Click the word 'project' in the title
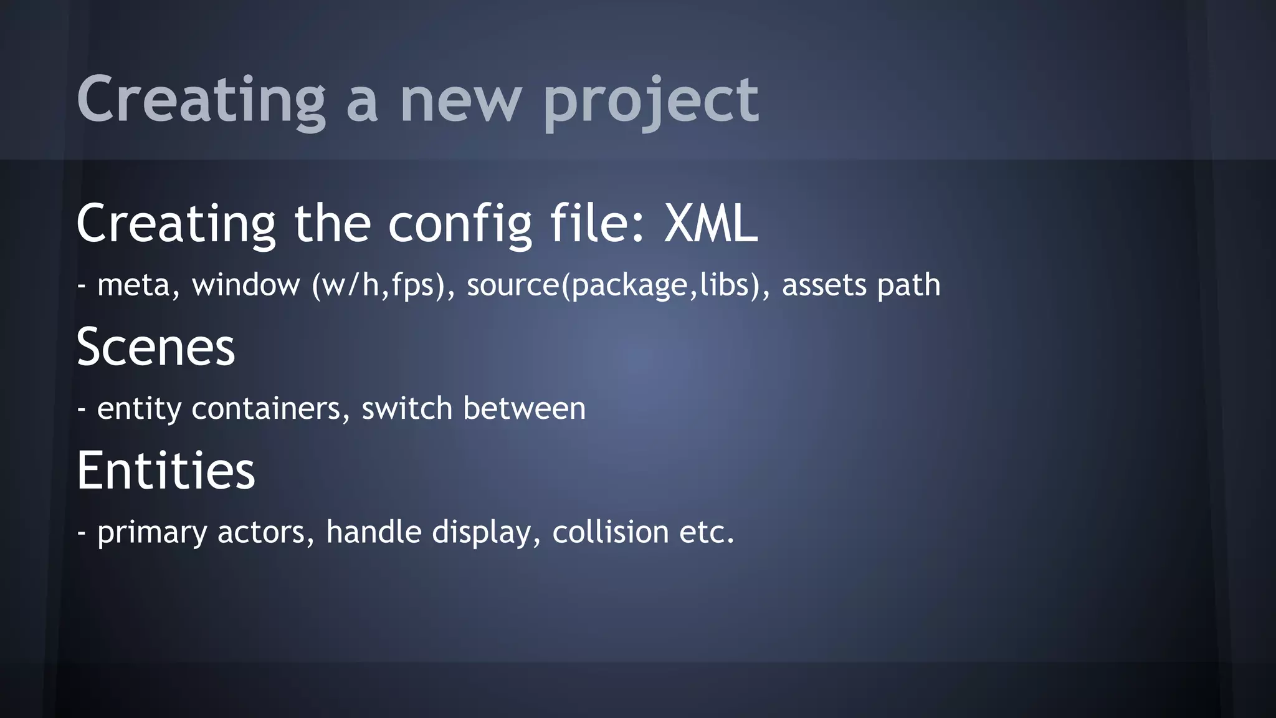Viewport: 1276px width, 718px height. (651, 101)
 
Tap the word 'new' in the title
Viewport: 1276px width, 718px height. (460, 101)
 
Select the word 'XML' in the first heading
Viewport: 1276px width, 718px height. (711, 224)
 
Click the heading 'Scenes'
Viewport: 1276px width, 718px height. (156, 347)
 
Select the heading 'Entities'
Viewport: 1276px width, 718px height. (166, 471)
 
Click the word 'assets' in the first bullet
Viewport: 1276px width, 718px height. (824, 285)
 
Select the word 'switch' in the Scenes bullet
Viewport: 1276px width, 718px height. (406, 409)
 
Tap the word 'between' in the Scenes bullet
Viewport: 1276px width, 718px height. (524, 409)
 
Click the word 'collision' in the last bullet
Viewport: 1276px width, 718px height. (611, 532)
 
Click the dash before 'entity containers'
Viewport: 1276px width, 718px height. (81, 409)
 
